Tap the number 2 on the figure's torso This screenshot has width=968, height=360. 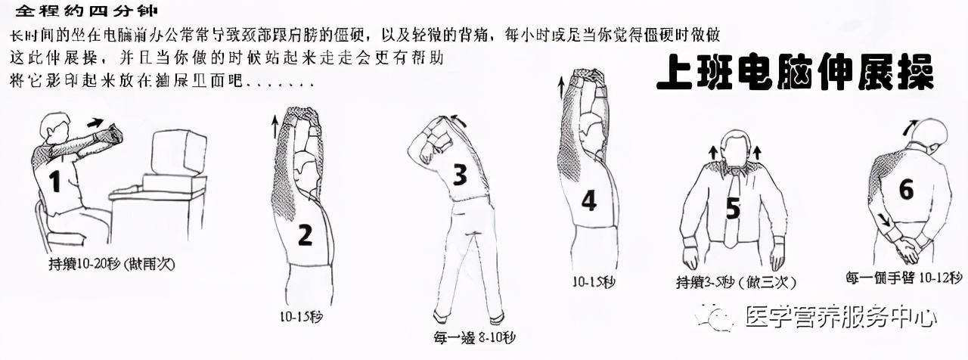pos(305,235)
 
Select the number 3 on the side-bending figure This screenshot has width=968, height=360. pos(459,175)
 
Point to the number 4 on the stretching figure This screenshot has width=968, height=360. pos(588,200)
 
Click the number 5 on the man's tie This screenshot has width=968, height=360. pos(731,209)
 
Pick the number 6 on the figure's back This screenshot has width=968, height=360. pos(905,190)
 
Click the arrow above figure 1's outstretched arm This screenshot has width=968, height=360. pos(95,121)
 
